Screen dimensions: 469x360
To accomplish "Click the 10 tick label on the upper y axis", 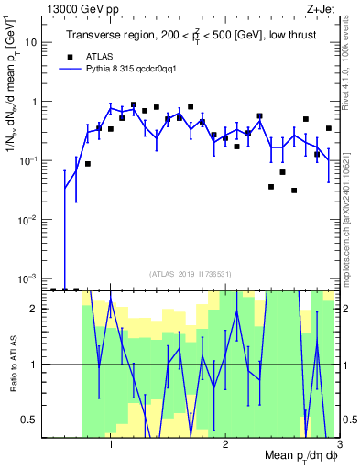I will click(31, 42).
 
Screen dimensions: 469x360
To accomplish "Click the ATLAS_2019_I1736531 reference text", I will click(191, 274).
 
